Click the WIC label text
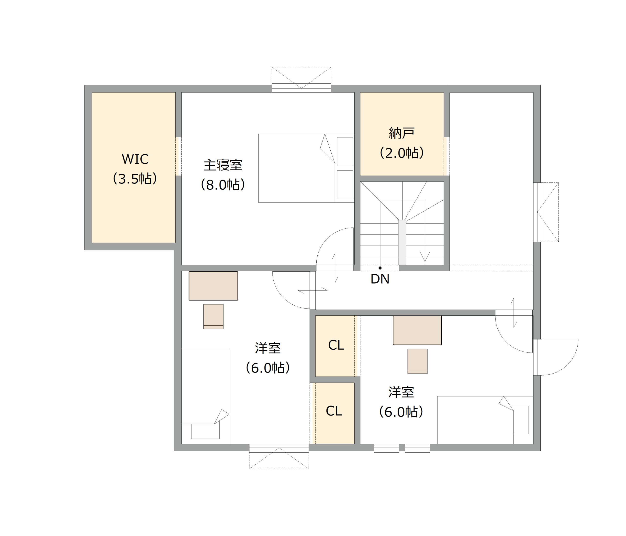click(x=135, y=159)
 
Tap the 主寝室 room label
click(x=223, y=165)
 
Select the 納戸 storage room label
click(x=402, y=133)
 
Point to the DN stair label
click(x=380, y=279)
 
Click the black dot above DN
click(x=380, y=268)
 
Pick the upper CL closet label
click(x=336, y=345)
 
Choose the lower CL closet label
click(x=334, y=411)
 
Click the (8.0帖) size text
click(x=223, y=185)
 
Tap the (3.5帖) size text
click(x=135, y=179)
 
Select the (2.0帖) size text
click(x=402, y=153)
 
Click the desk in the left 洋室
click(x=213, y=286)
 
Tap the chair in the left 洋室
click(x=213, y=317)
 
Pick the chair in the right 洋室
click(x=417, y=361)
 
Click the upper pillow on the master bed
click(x=345, y=151)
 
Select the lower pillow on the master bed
click(x=345, y=185)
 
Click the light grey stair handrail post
click(x=402, y=242)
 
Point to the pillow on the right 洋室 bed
click(x=521, y=420)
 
